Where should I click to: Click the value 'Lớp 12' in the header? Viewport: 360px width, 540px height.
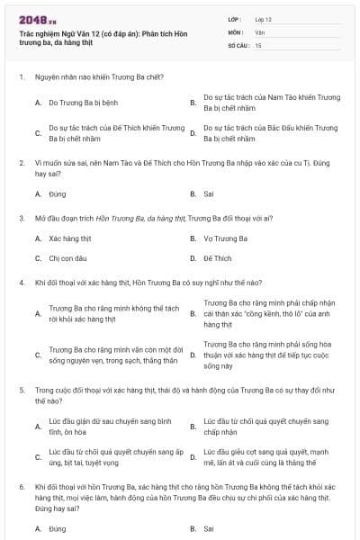coord(264,19)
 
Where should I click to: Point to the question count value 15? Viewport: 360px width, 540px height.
coord(258,44)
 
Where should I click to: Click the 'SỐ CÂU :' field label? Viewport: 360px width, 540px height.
coord(239,44)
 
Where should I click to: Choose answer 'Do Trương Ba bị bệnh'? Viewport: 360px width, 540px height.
coord(84,103)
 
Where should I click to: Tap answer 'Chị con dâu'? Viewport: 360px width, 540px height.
coord(67,258)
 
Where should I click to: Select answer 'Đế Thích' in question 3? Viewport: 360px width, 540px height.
coord(218,258)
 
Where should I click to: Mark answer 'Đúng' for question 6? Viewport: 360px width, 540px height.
coord(58,528)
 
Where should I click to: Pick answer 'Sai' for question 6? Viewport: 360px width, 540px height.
coord(209,528)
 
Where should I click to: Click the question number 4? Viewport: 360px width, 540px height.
coord(21,283)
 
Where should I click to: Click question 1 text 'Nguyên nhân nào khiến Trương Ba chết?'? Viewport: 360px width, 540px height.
coord(99,77)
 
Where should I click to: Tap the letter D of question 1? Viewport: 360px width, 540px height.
coord(193,133)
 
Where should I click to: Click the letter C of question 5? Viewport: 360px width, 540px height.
coord(38,456)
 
